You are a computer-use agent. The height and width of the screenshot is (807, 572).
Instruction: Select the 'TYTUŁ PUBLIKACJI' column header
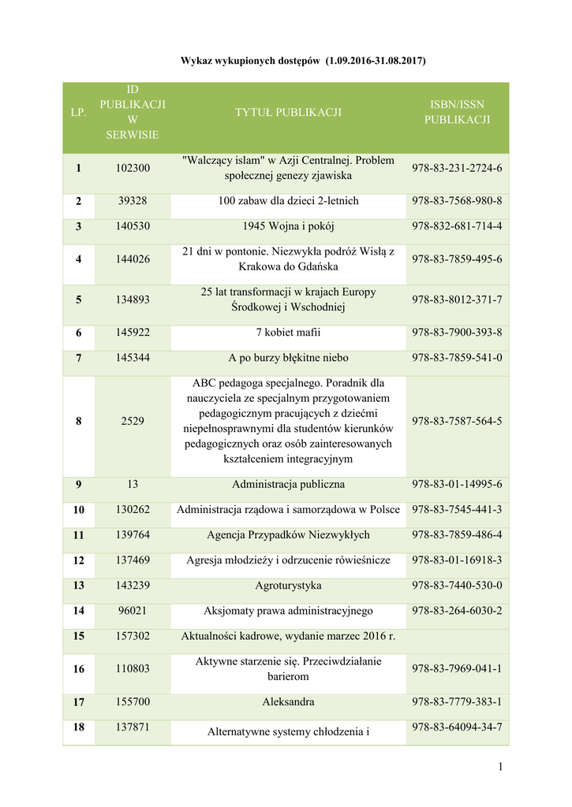tap(288, 113)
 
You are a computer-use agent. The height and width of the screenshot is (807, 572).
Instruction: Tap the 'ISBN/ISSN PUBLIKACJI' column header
tap(457, 113)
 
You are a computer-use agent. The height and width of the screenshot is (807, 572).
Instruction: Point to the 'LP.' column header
tap(78, 113)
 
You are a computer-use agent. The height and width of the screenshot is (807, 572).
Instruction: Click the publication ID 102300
tap(133, 168)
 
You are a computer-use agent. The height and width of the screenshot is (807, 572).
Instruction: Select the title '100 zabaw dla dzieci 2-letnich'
tap(288, 201)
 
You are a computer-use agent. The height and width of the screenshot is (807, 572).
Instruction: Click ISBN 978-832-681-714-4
tap(457, 227)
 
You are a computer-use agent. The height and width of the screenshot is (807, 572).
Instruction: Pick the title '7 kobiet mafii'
tap(288, 333)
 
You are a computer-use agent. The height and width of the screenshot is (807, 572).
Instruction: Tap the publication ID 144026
tap(133, 259)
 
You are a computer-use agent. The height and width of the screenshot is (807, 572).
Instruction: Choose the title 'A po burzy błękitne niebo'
tap(288, 358)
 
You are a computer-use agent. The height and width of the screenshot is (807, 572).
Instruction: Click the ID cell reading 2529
tap(133, 421)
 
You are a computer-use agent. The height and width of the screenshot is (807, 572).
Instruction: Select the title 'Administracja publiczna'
tap(288, 484)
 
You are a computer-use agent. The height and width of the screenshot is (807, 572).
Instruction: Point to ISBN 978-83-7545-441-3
tap(457, 510)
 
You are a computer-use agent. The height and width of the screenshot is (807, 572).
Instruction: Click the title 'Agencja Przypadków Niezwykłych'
tap(288, 535)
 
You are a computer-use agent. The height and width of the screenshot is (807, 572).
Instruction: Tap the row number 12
tap(78, 560)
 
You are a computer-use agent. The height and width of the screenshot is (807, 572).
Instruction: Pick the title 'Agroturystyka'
tap(288, 586)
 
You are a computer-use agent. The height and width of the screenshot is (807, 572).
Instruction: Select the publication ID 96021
tap(133, 611)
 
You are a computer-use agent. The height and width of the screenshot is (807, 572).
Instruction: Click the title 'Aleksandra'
tap(288, 701)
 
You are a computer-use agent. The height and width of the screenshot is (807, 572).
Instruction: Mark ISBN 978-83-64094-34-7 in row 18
tap(457, 727)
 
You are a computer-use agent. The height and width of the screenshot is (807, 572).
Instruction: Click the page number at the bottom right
tap(500, 768)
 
